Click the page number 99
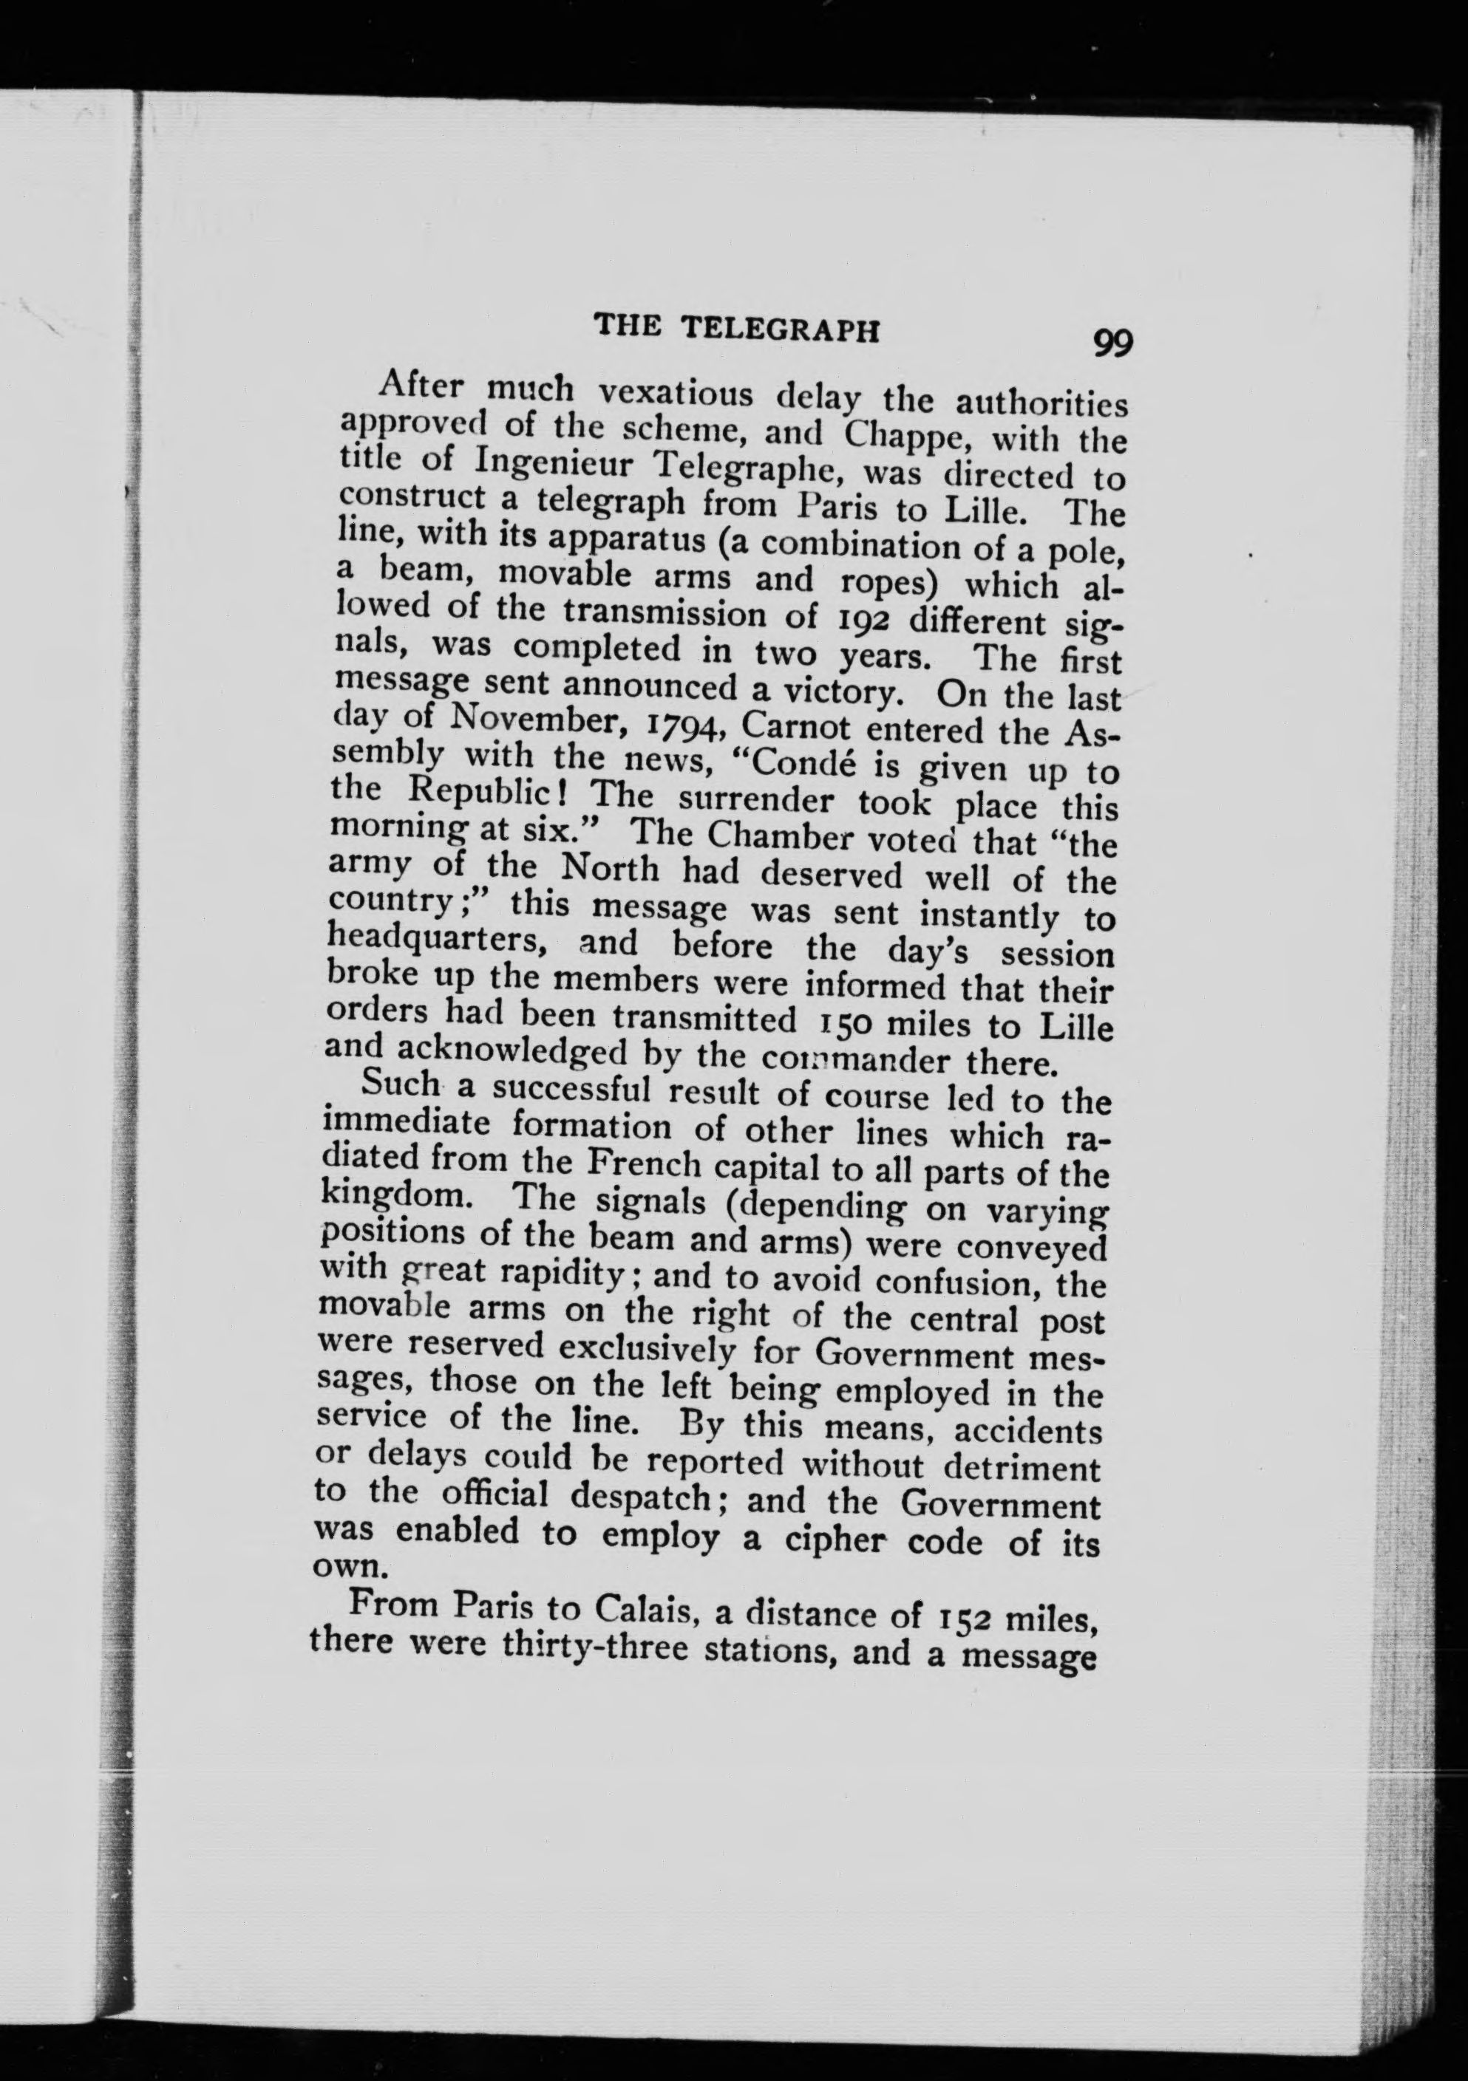click(1113, 344)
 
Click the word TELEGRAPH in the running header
click(781, 329)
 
